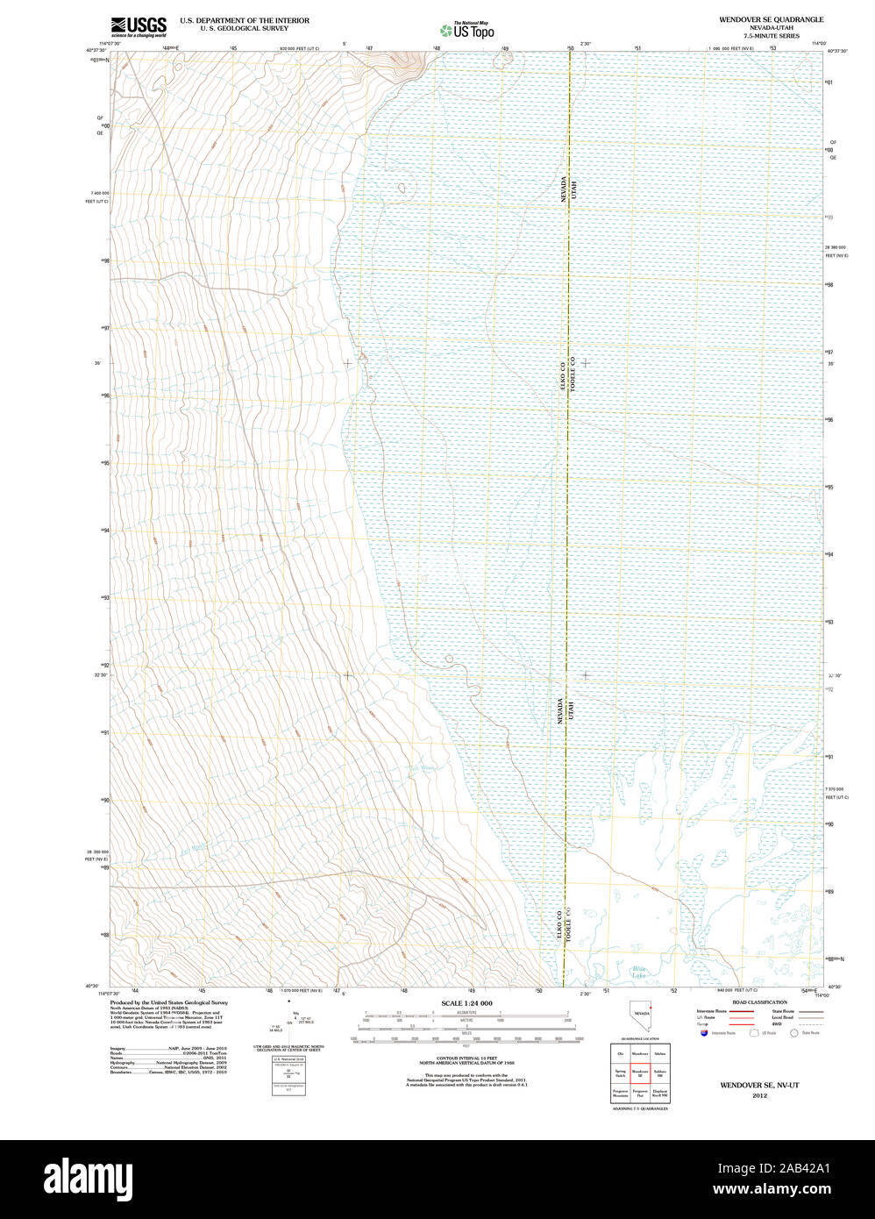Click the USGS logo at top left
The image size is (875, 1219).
[138, 25]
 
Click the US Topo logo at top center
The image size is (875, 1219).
[466, 31]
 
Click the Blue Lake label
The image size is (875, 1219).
[638, 972]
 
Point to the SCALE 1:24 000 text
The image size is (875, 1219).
[466, 1003]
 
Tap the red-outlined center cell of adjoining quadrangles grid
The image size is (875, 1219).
[640, 1073]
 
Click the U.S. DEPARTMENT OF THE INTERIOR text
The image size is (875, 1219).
[245, 19]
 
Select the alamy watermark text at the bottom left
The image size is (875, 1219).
[87, 1178]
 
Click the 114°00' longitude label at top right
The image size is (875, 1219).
[819, 43]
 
